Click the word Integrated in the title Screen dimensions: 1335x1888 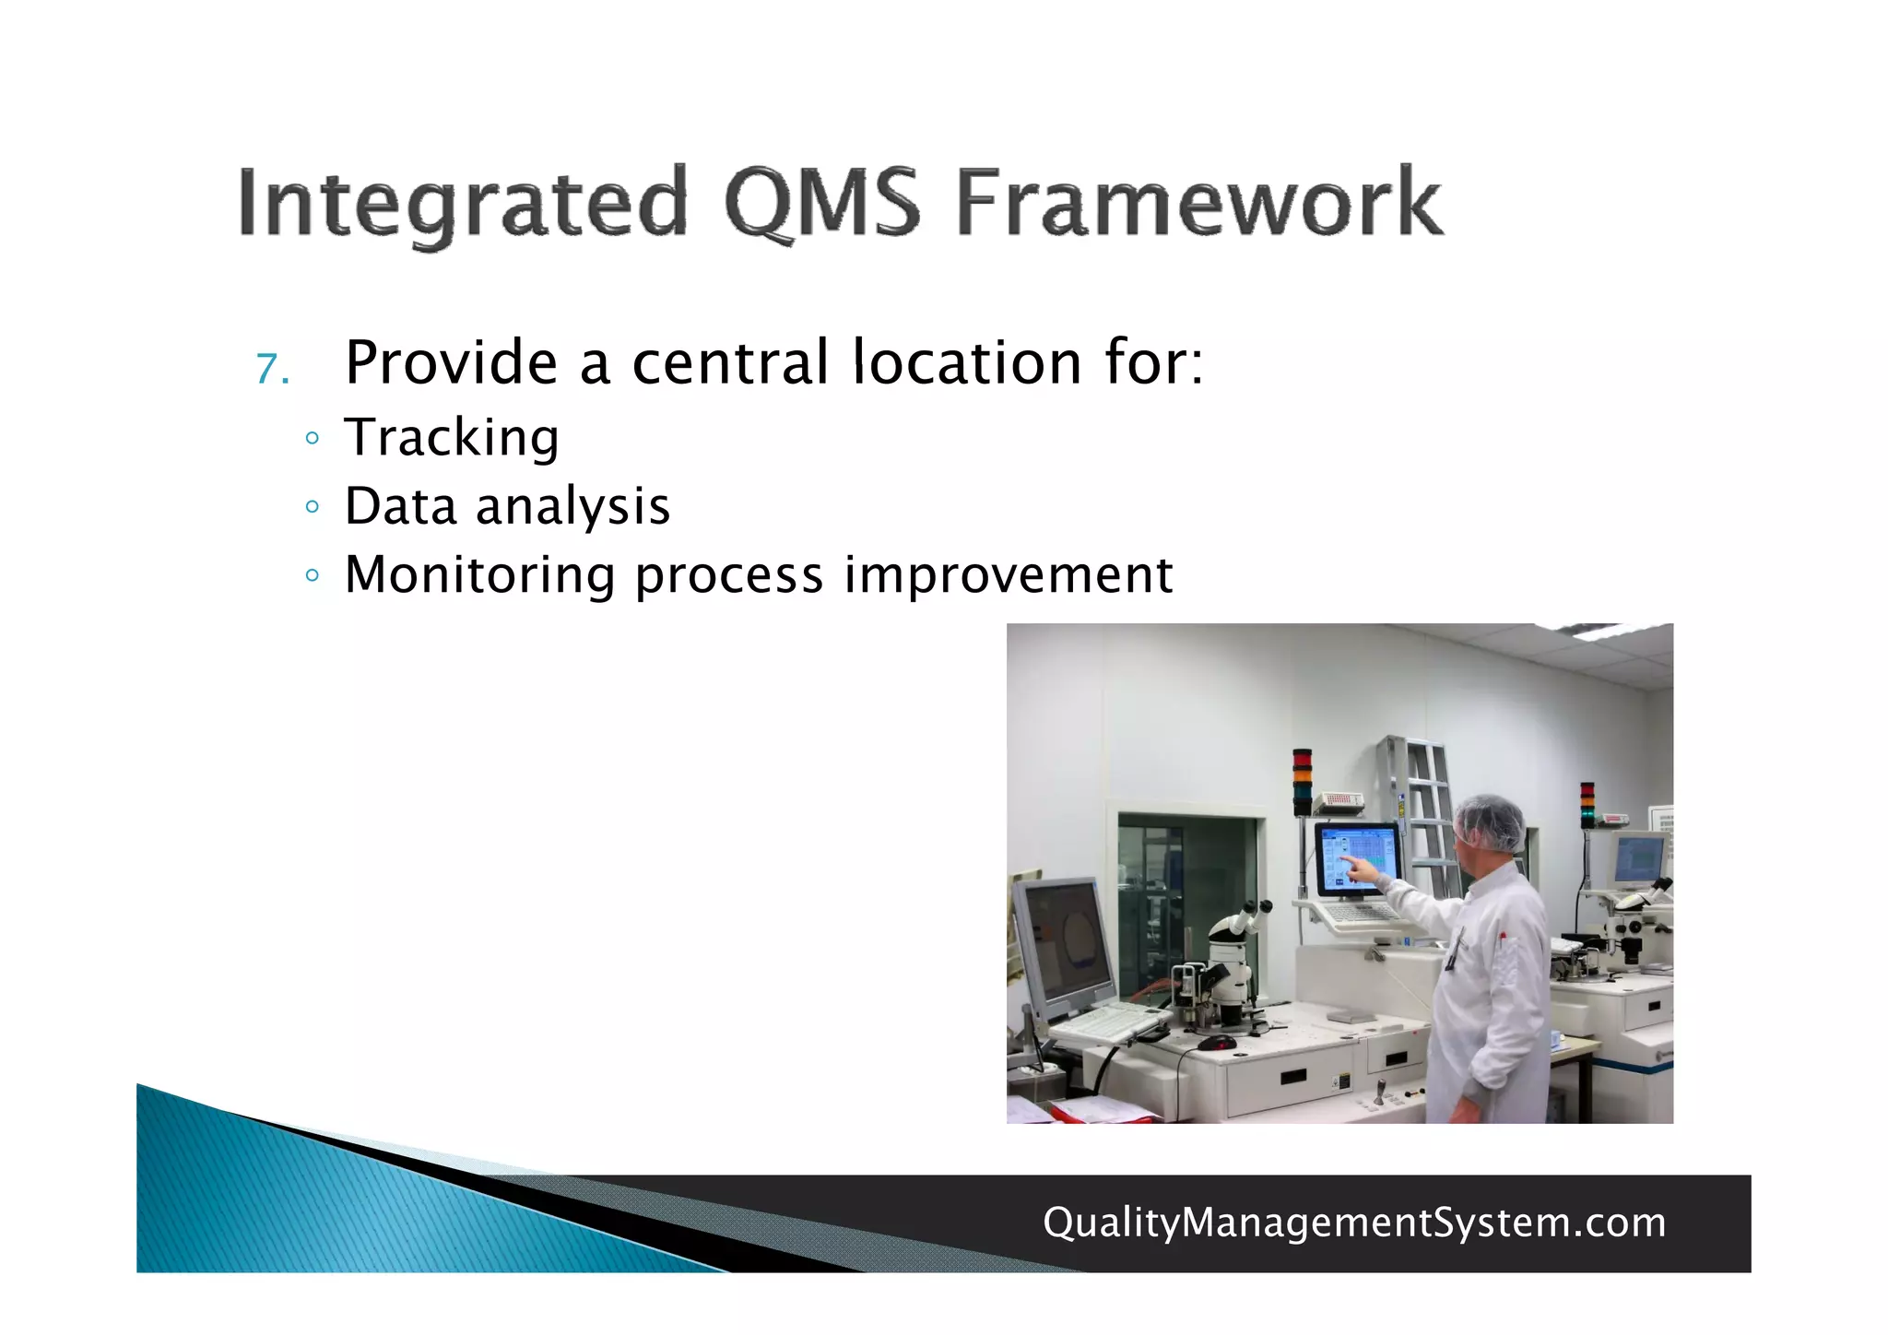click(x=461, y=203)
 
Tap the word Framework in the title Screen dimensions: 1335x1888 click(x=1198, y=203)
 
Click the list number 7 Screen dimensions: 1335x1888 click(x=272, y=370)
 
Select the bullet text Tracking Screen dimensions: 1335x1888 click(x=452, y=437)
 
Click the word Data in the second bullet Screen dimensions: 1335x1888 click(x=400, y=506)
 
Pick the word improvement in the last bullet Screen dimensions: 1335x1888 click(x=1009, y=575)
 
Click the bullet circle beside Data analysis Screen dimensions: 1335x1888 click(x=313, y=506)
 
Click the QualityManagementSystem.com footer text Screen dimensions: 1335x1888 click(x=1354, y=1223)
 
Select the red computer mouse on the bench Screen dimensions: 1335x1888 click(x=1217, y=1042)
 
